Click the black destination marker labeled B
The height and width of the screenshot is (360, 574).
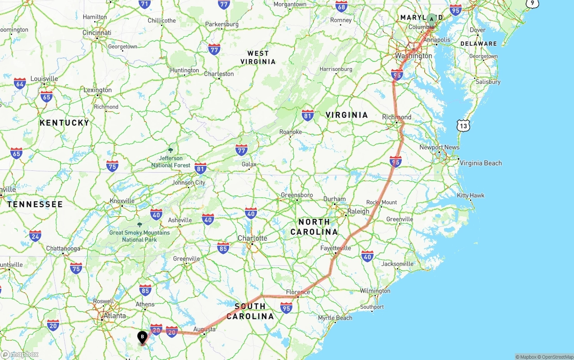coord(143,337)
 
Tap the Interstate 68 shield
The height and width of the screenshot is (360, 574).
coord(341,6)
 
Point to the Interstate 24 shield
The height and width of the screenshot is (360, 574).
coord(35,235)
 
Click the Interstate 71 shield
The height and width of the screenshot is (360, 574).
coord(144,4)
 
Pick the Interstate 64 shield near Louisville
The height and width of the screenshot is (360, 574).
coord(20,83)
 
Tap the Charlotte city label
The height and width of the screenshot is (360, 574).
coord(252,238)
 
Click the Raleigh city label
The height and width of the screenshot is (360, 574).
coord(358,211)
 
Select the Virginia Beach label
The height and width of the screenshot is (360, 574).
coord(481,163)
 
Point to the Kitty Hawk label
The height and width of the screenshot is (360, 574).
coord(470,195)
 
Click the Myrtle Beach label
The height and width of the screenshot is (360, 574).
coord(335,318)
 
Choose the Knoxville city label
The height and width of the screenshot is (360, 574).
coord(122,201)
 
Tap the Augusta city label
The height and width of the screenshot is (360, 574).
coord(204,329)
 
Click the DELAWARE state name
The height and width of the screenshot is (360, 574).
coord(478,43)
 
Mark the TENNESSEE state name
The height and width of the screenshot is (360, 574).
coord(35,204)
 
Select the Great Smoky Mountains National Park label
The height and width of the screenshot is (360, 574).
coord(139,236)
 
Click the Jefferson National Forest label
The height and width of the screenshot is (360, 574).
coord(170,161)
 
